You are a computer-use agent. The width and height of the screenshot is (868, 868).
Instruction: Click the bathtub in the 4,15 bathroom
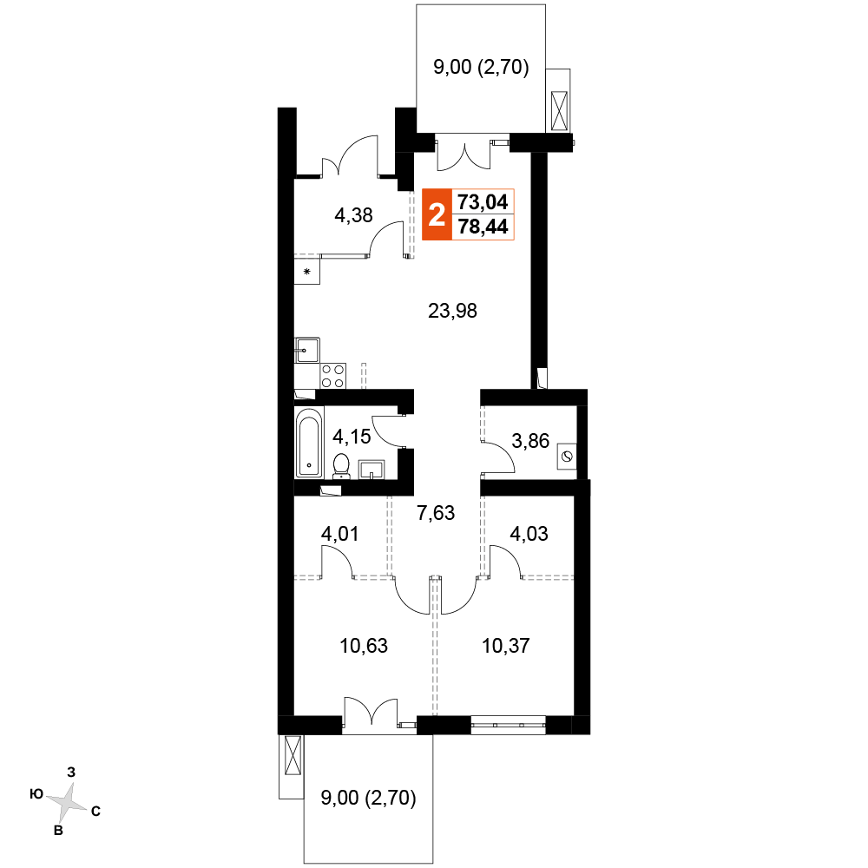point(309,443)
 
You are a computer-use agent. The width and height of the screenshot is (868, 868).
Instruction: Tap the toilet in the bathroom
point(341,466)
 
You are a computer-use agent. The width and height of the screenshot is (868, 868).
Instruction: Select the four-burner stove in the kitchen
point(332,376)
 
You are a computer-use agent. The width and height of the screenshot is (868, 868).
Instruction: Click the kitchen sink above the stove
point(307,351)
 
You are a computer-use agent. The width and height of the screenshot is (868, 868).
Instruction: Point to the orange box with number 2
point(437,214)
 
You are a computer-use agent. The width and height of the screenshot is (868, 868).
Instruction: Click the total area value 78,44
point(483,227)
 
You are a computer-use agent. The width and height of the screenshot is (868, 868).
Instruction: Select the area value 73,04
point(483,202)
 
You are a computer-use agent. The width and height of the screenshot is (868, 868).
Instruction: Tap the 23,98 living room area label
point(452,311)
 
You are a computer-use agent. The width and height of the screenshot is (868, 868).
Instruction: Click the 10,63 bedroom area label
point(364,646)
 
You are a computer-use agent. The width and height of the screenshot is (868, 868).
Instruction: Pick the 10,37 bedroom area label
point(506,646)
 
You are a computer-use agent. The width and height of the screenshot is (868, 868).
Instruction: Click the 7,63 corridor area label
point(436,513)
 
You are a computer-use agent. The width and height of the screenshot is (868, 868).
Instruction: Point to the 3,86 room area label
point(530,441)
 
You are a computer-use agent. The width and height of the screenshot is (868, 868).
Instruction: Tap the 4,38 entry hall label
point(354,214)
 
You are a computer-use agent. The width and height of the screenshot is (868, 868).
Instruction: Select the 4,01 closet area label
point(340,534)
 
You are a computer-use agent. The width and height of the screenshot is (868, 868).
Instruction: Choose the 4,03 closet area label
point(529,534)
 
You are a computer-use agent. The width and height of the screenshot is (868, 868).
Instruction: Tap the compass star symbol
point(67,801)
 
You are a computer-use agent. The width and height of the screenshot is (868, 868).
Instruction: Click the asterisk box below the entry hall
point(306,271)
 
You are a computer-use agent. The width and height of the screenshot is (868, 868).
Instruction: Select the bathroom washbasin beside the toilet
point(372,470)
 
